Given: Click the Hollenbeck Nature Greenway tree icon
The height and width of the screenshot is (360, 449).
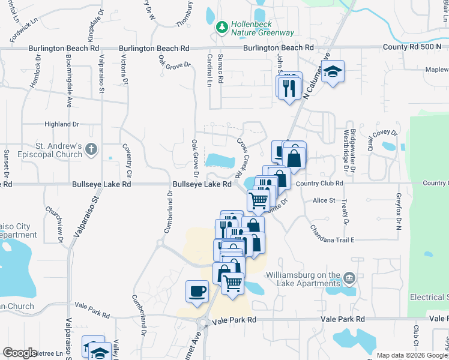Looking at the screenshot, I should click(x=222, y=27).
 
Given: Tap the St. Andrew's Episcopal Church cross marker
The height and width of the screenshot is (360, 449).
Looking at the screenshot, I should click(x=91, y=149).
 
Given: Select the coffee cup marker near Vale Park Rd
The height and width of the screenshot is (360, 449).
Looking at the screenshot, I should click(x=197, y=292).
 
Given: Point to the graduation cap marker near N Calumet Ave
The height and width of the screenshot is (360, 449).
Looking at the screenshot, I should click(x=331, y=72).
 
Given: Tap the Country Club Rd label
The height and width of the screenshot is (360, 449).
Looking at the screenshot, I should click(x=319, y=184).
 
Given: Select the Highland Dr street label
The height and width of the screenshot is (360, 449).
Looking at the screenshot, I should click(x=62, y=124).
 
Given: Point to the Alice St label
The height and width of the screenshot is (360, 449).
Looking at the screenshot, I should click(x=323, y=200).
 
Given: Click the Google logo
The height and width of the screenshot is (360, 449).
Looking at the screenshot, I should click(x=20, y=353).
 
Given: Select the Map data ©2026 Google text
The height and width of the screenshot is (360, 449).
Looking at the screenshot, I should click(x=412, y=355).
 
